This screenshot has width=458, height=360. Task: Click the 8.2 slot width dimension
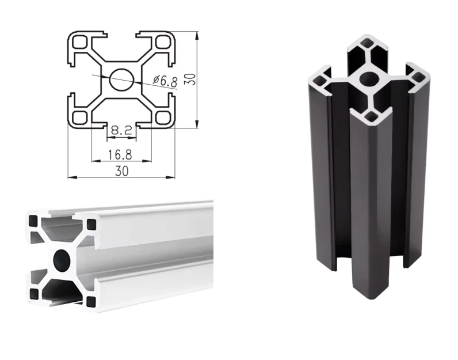click(122, 130)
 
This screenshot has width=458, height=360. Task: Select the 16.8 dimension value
click(120, 154)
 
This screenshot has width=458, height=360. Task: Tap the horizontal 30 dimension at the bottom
click(122, 171)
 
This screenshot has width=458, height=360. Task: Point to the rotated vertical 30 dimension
click(190, 79)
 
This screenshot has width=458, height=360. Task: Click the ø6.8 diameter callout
click(165, 81)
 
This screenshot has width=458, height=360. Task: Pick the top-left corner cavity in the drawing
click(80, 42)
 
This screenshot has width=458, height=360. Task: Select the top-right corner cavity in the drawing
click(163, 42)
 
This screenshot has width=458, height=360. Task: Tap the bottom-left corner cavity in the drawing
click(80, 118)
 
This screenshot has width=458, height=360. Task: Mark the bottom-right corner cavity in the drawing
click(163, 118)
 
